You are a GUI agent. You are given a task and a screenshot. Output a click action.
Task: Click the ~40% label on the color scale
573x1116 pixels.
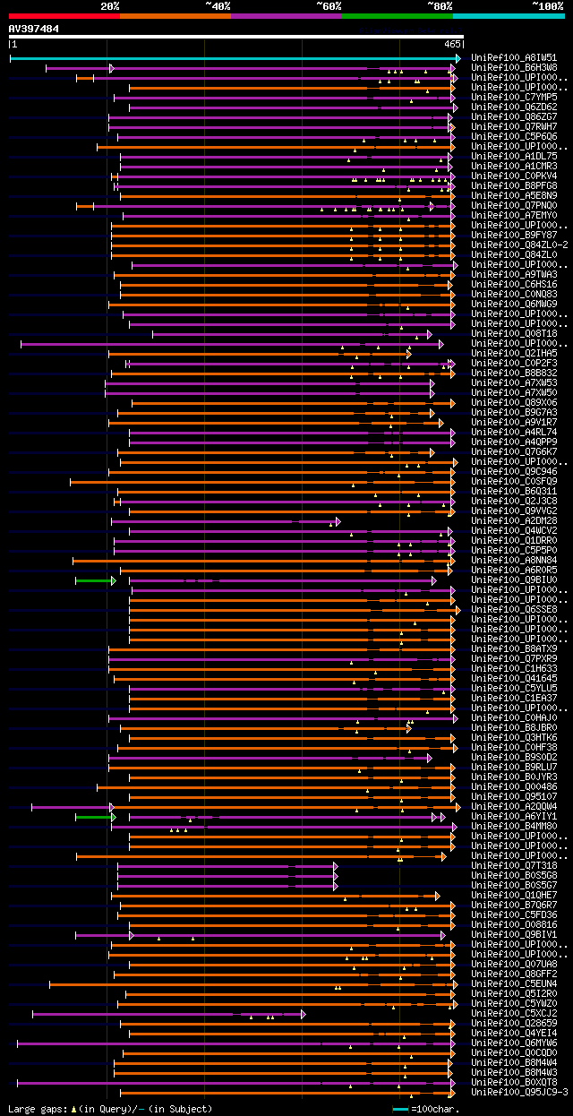pos(218,5)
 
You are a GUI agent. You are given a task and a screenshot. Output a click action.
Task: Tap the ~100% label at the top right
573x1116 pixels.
pos(547,5)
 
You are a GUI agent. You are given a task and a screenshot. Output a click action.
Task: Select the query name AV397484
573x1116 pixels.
pos(34,29)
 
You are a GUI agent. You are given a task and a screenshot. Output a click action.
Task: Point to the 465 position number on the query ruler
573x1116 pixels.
pos(452,43)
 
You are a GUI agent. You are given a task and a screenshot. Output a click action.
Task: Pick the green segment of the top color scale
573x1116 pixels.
pos(397,15)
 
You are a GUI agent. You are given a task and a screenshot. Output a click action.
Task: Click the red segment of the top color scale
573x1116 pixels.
pos(64,15)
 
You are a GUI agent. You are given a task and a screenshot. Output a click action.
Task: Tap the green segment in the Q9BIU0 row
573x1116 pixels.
pos(93,580)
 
